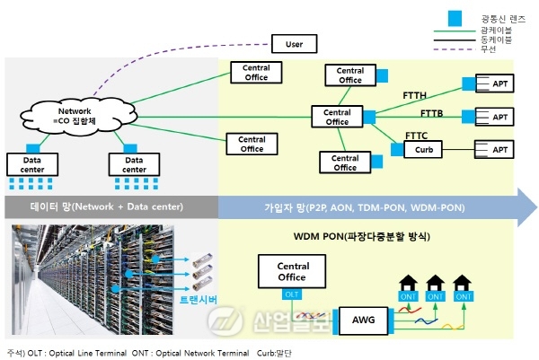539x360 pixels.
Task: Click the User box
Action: coord(296,42)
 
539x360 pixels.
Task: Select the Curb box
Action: coord(424,149)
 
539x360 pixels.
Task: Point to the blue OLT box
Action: coord(293,294)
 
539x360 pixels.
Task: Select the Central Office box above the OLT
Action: coord(293,271)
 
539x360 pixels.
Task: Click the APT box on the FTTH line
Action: coord(499,85)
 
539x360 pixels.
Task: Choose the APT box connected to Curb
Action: coord(499,149)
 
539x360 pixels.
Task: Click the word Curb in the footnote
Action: coord(266,352)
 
